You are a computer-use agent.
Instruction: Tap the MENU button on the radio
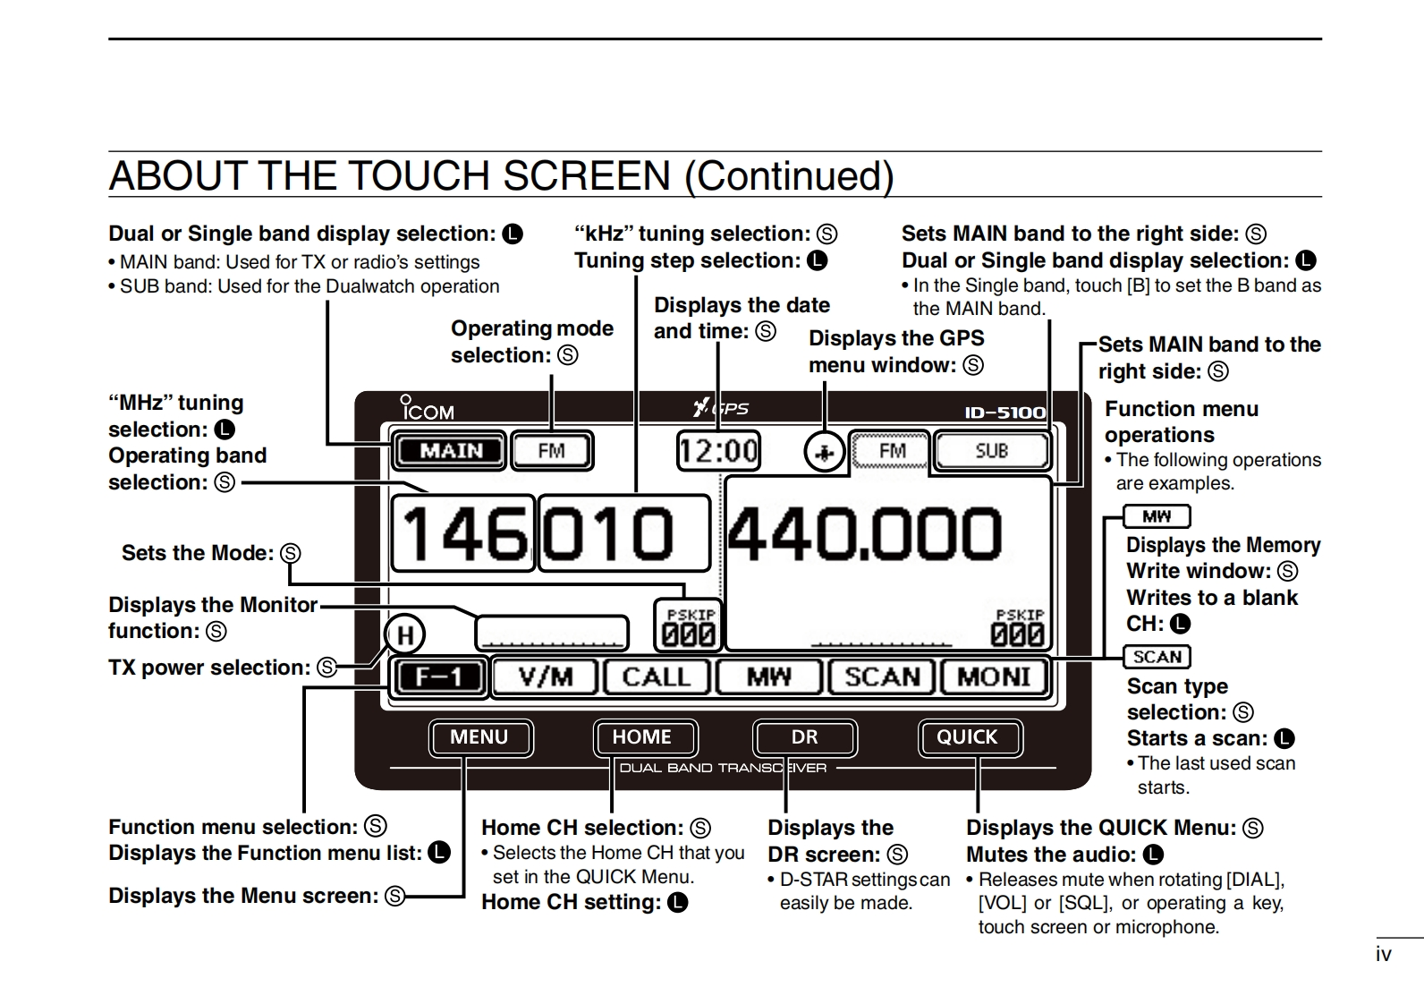pos(479,737)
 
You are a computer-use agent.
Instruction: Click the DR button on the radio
pos(804,737)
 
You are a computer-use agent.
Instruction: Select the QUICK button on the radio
pos(967,737)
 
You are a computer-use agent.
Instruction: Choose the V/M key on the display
pos(546,676)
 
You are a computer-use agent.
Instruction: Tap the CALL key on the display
pos(657,676)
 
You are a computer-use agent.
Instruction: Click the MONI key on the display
pos(994,676)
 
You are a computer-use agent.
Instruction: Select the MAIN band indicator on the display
pos(450,451)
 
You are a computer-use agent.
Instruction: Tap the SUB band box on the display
pos(991,451)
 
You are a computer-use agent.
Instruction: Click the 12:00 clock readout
pos(718,450)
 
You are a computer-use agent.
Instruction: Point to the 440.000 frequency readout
pos(865,533)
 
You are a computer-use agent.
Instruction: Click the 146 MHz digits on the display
pos(463,534)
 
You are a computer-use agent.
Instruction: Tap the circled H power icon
pos(405,635)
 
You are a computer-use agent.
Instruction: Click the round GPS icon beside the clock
pos(824,453)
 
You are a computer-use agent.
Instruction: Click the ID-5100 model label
pos(1004,413)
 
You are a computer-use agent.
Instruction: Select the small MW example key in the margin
pos(1157,516)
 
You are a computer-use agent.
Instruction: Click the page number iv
pos(1383,955)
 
